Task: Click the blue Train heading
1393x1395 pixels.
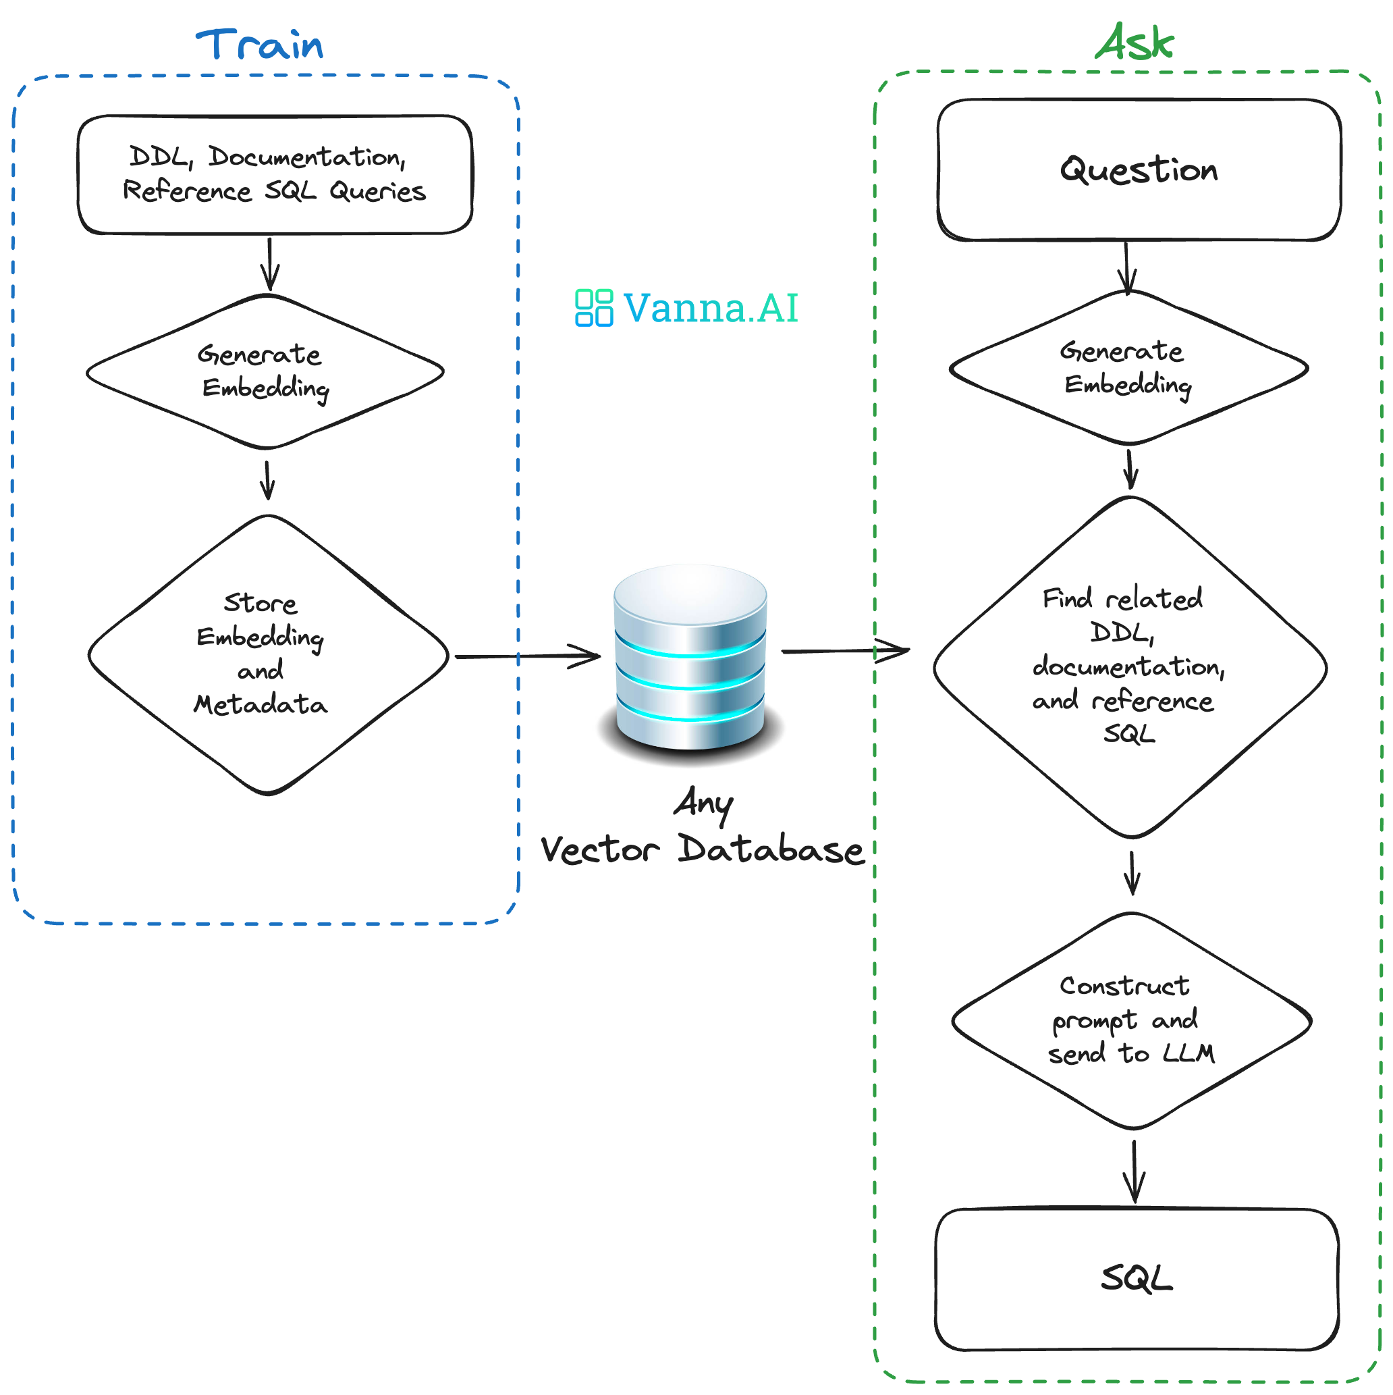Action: [x=260, y=45]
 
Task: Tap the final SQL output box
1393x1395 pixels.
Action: [x=1136, y=1278]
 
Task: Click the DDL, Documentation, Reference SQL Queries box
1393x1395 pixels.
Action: [x=274, y=174]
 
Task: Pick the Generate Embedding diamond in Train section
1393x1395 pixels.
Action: [x=264, y=371]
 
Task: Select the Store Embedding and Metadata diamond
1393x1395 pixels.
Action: [x=267, y=654]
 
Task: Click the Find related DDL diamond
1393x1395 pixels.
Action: [x=1130, y=666]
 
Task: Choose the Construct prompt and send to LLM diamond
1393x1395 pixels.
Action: [x=1131, y=1020]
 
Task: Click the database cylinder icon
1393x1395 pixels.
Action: [x=690, y=657]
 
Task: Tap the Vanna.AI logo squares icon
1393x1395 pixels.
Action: [x=593, y=308]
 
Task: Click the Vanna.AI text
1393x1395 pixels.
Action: [x=710, y=308]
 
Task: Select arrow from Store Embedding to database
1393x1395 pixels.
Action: [x=527, y=656]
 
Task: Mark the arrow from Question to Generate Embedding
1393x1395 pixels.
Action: [x=1126, y=267]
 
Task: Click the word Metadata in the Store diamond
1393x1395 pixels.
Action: [x=261, y=704]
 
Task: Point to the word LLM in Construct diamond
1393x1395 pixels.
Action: [x=1188, y=1053]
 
